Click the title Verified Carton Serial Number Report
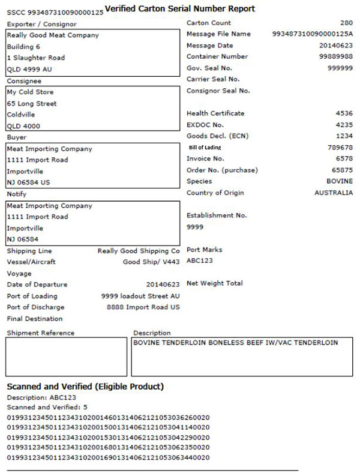click(x=179, y=8)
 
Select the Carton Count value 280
click(x=346, y=23)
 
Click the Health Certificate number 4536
click(x=344, y=113)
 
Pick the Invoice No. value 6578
click(x=344, y=159)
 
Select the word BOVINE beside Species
click(x=340, y=182)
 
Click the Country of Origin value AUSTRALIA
click(x=334, y=193)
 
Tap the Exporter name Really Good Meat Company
click(x=53, y=35)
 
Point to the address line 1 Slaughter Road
click(x=36, y=58)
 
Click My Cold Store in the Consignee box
click(x=30, y=92)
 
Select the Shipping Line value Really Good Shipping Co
click(x=139, y=251)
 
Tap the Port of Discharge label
click(x=32, y=307)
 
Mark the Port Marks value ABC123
click(x=200, y=261)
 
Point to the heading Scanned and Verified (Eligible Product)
click(x=85, y=387)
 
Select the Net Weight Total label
click(x=215, y=283)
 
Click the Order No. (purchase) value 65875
click(x=343, y=170)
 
